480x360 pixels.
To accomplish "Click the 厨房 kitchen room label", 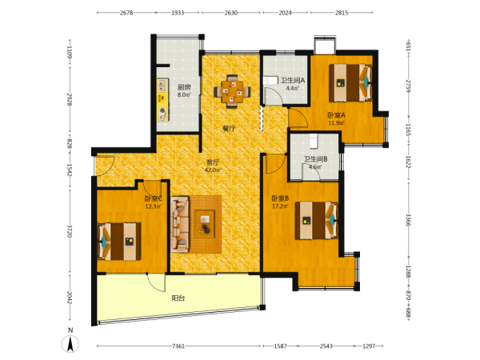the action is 184,87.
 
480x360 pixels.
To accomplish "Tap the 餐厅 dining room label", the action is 229,129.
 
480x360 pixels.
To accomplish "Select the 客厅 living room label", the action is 213,162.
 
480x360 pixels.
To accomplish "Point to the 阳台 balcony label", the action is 178,298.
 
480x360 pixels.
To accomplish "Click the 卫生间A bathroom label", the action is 293,81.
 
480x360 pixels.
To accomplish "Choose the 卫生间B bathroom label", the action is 315,159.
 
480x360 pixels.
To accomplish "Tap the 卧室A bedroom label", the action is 337,115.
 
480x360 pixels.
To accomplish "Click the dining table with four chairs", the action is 232,91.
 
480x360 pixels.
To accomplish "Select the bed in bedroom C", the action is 118,242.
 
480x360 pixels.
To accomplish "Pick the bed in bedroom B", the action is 317,221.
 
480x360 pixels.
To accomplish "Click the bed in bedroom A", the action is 351,82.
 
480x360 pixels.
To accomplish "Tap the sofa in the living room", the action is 180,224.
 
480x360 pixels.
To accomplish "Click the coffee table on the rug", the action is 205,224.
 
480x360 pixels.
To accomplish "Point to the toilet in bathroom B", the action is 314,141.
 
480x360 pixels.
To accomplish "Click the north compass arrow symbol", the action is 70,343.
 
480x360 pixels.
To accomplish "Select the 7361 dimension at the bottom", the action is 178,346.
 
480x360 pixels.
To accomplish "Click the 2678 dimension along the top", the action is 126,13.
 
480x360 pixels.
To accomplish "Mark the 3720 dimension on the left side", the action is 70,231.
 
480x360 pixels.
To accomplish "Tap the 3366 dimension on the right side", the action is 408,220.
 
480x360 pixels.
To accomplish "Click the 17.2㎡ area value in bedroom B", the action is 280,206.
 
